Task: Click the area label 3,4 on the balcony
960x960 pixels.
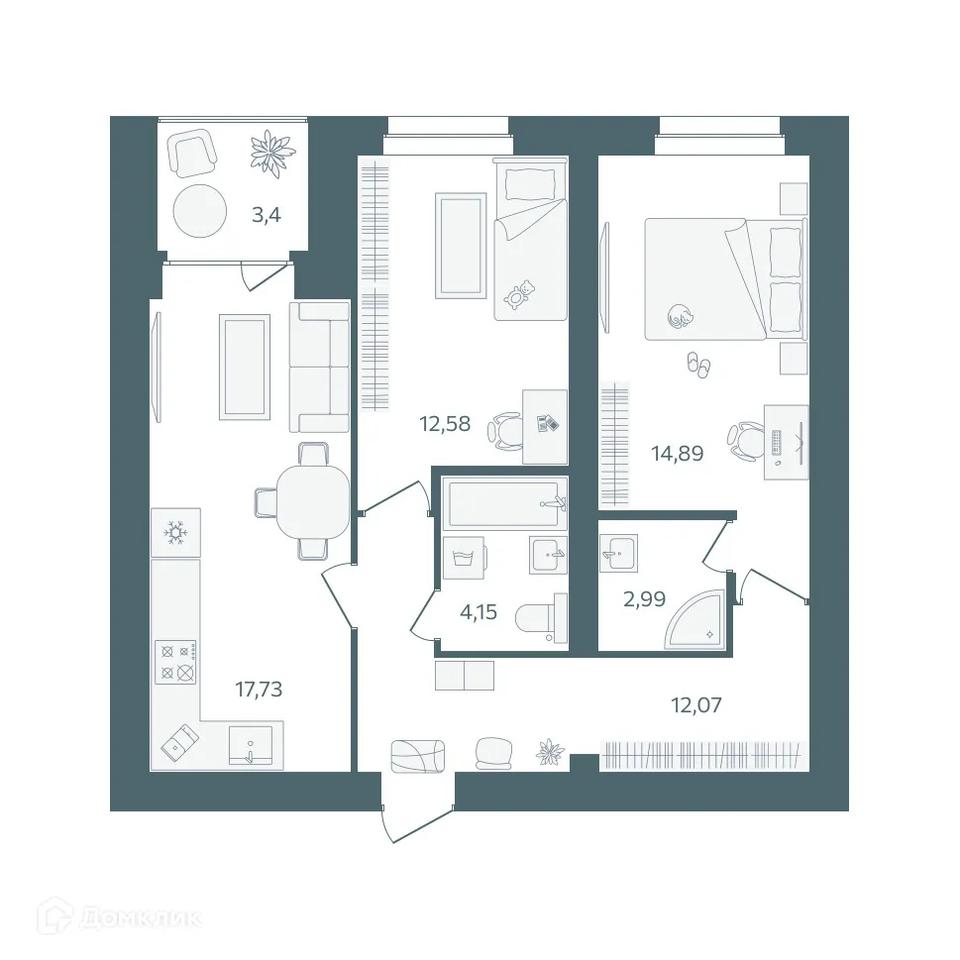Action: tap(267, 214)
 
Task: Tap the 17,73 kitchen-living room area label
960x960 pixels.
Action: tap(259, 689)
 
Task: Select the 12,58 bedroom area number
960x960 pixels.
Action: tap(445, 426)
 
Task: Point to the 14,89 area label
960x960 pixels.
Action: tap(677, 454)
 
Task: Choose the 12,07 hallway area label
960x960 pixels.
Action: tap(695, 705)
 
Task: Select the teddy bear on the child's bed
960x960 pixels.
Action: tap(519, 294)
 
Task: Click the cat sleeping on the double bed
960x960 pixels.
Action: tap(680, 316)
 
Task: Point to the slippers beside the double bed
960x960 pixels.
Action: tap(698, 366)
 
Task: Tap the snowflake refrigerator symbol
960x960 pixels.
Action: tap(176, 533)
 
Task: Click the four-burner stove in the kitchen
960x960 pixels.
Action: tap(175, 662)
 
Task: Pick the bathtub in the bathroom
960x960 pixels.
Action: tap(505, 503)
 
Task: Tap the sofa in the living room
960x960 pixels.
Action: tap(319, 367)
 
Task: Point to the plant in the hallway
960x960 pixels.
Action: tap(550, 753)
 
